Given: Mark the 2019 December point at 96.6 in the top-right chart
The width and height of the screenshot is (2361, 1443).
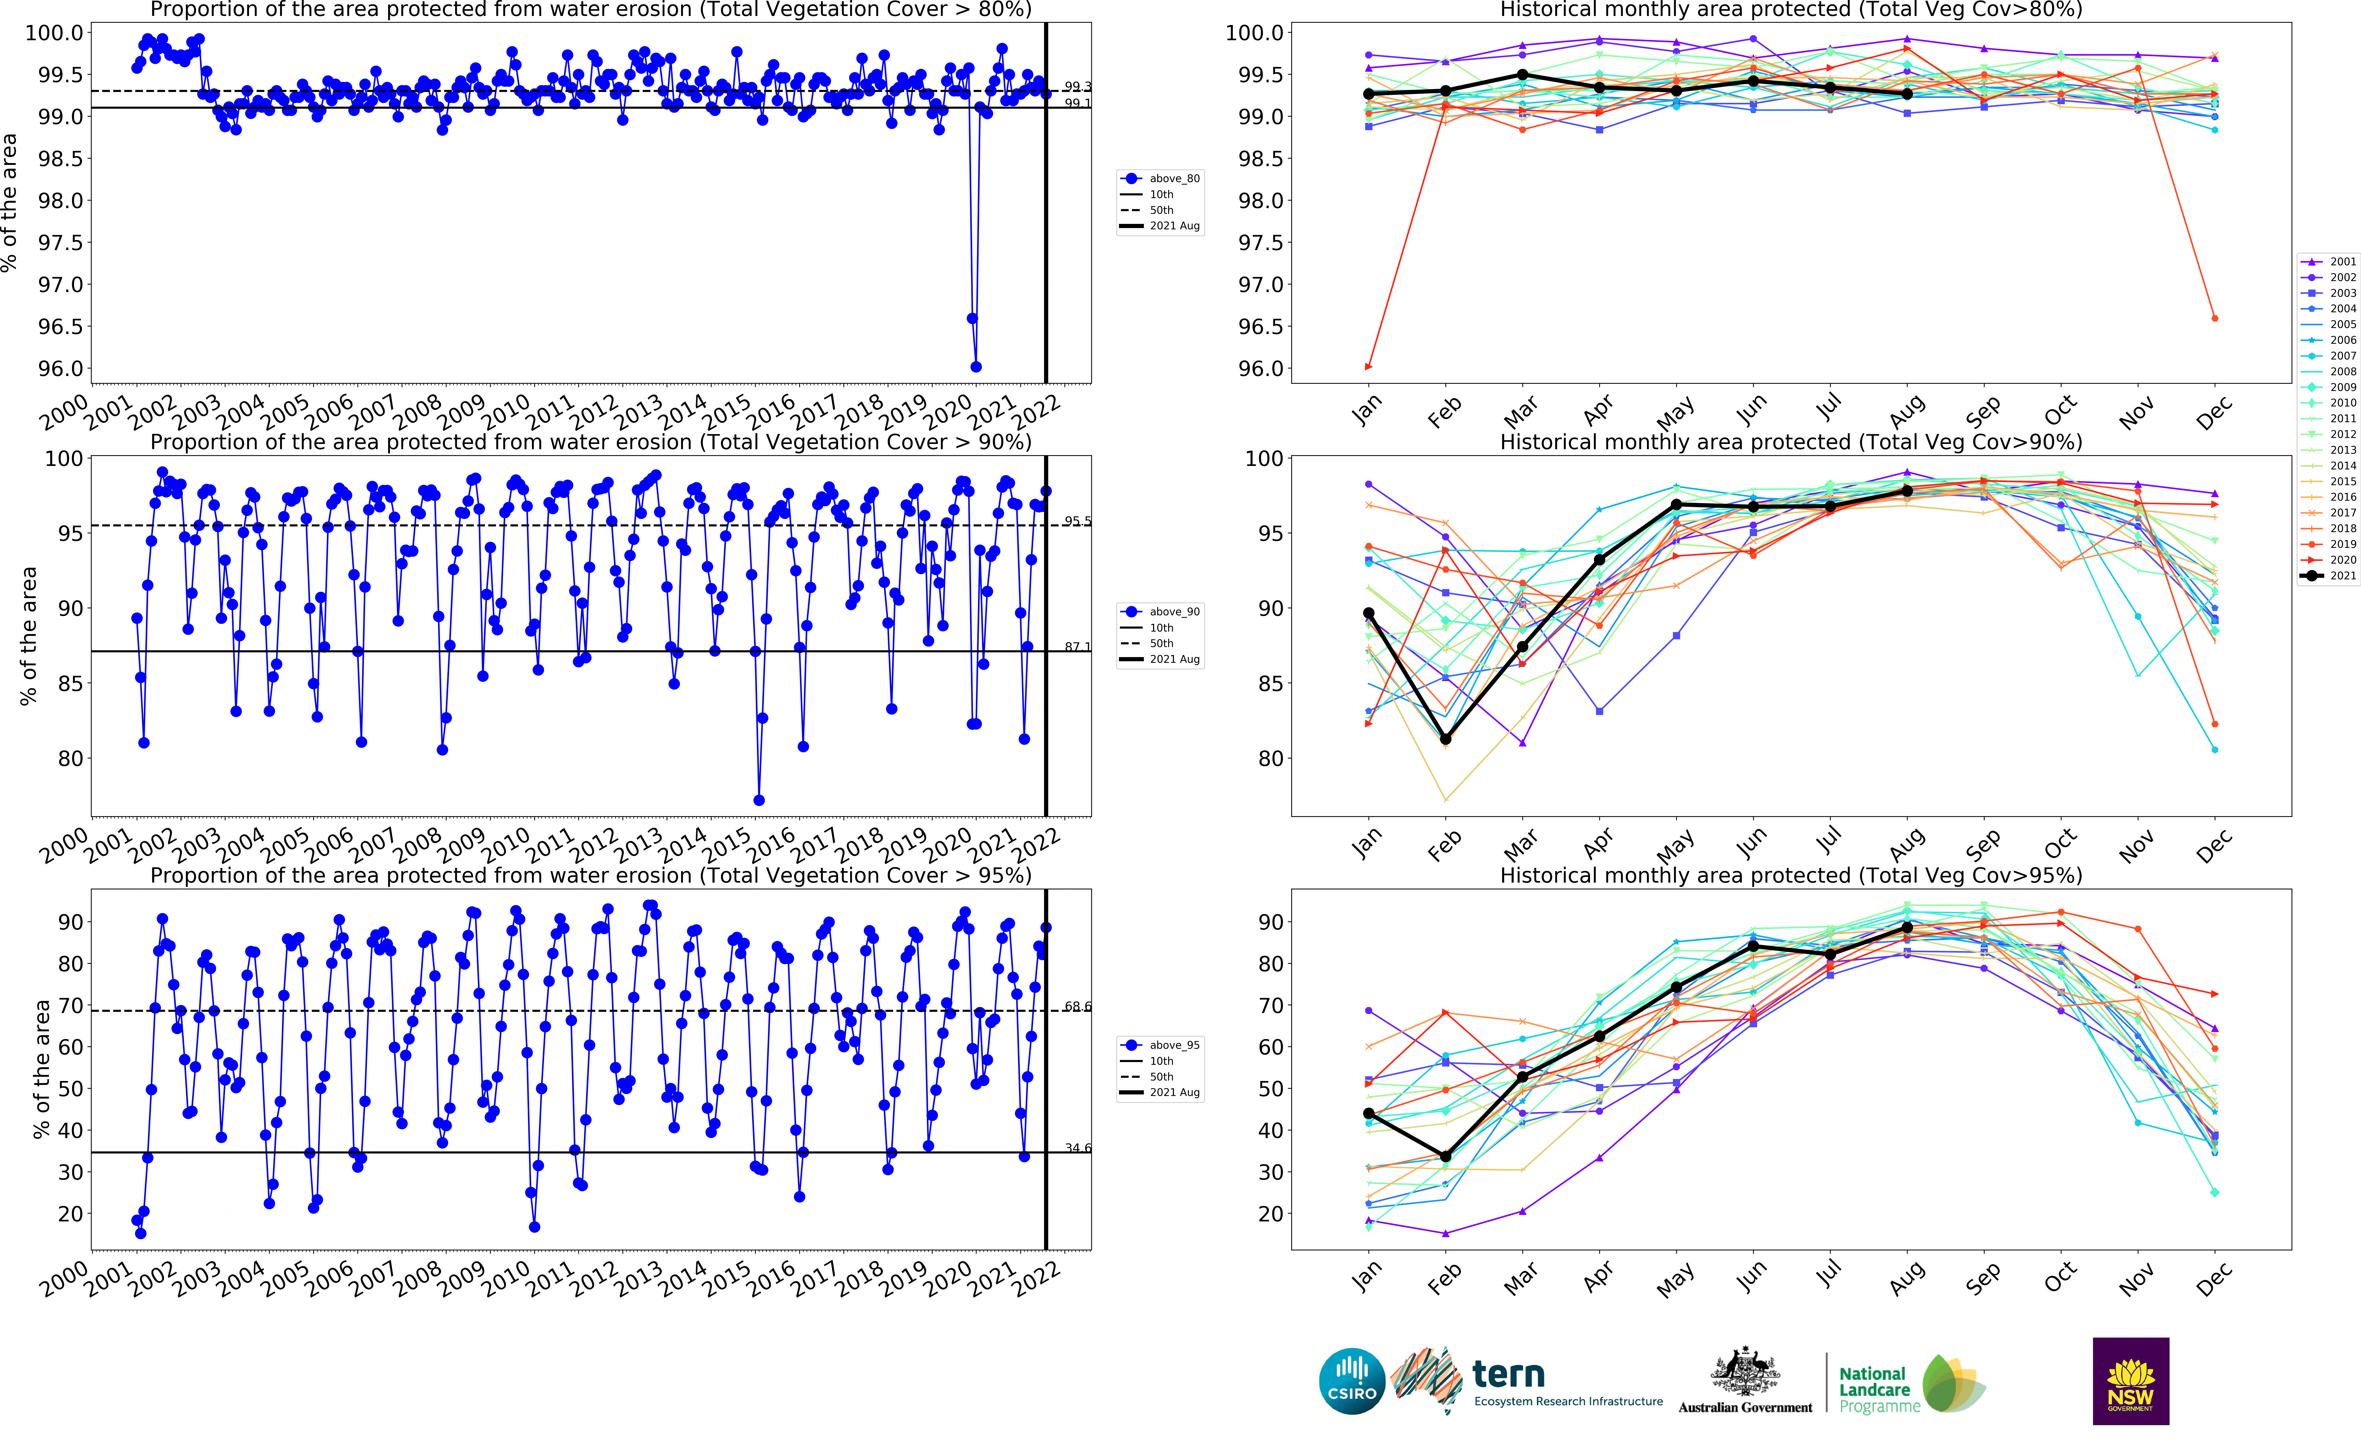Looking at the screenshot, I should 2214,318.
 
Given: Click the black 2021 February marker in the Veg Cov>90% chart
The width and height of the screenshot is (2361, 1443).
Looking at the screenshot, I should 1445,739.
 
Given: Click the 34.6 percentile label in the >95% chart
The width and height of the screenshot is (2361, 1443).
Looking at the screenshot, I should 1077,1148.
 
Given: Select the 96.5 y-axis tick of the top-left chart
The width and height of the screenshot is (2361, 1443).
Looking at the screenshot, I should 59,327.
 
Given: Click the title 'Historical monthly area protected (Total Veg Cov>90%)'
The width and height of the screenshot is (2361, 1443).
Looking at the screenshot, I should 1790,443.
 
